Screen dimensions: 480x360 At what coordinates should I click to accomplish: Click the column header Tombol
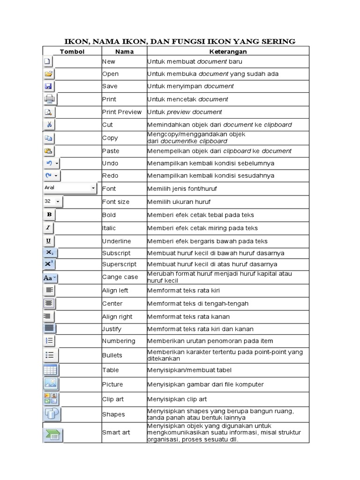click(72, 52)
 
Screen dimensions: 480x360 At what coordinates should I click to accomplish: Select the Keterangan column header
click(228, 52)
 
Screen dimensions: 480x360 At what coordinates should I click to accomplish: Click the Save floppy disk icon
click(48, 86)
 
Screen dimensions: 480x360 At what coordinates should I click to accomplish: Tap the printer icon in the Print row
click(49, 99)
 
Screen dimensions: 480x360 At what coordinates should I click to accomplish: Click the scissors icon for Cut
click(49, 125)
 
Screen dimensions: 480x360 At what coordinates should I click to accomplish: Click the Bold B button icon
click(49, 215)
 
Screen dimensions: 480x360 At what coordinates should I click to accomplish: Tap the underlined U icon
click(48, 241)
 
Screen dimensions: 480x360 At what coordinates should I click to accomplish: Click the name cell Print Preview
click(122, 112)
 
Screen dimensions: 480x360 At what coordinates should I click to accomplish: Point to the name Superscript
click(119, 264)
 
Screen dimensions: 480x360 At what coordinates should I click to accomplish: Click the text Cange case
click(120, 277)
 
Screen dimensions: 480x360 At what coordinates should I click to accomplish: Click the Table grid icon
click(50, 370)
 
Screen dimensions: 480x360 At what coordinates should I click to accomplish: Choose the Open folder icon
click(49, 74)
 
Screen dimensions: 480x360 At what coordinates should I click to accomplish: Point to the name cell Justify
click(112, 329)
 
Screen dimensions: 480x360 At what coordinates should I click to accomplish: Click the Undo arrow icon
click(49, 163)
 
